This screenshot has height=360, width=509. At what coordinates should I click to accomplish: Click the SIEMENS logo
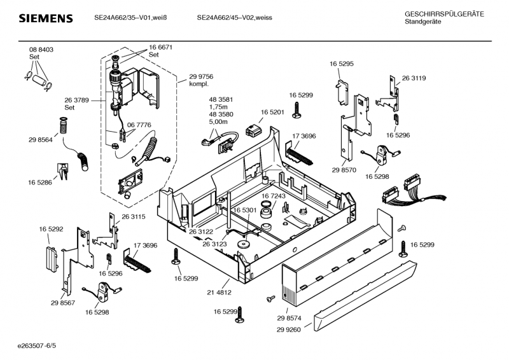tap(45, 18)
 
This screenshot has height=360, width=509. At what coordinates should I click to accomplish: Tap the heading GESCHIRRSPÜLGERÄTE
tap(444, 14)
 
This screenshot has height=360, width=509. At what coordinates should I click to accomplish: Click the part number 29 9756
tap(201, 76)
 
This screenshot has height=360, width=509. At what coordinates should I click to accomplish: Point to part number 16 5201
tap(272, 112)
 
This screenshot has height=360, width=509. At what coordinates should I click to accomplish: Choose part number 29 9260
tap(289, 329)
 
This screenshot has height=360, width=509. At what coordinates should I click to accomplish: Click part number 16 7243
tap(274, 196)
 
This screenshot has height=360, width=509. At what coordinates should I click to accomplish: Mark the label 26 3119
tap(414, 78)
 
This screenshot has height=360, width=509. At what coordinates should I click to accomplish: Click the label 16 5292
tap(52, 228)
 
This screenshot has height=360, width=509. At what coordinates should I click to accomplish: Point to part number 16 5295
tap(342, 64)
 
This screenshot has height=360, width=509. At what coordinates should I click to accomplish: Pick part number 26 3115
tap(134, 217)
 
